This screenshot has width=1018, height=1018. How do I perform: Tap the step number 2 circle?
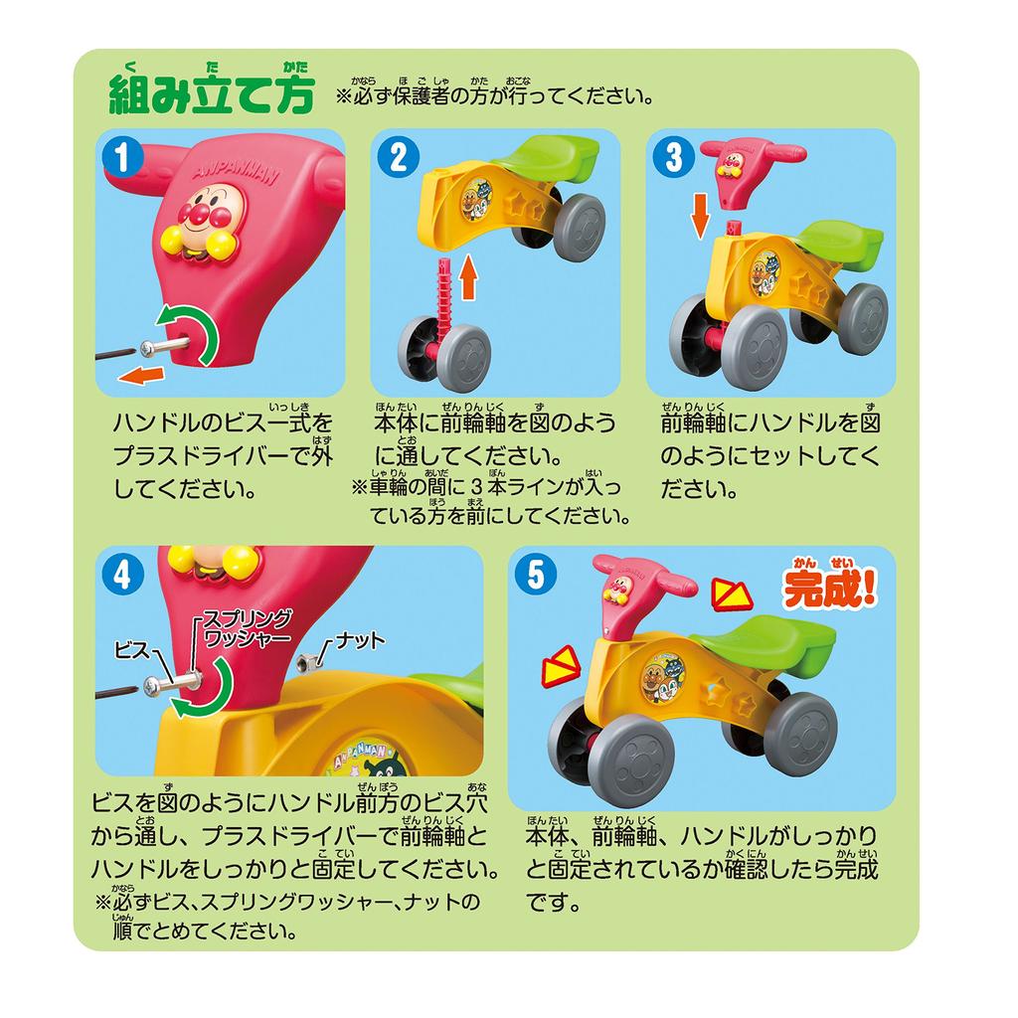398,158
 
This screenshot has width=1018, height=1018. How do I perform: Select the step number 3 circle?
674,158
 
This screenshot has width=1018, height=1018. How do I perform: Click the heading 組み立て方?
211,93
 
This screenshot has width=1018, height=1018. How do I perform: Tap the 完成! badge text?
830,589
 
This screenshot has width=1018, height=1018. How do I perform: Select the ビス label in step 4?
131,649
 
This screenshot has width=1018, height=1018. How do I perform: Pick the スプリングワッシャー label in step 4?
246,627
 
